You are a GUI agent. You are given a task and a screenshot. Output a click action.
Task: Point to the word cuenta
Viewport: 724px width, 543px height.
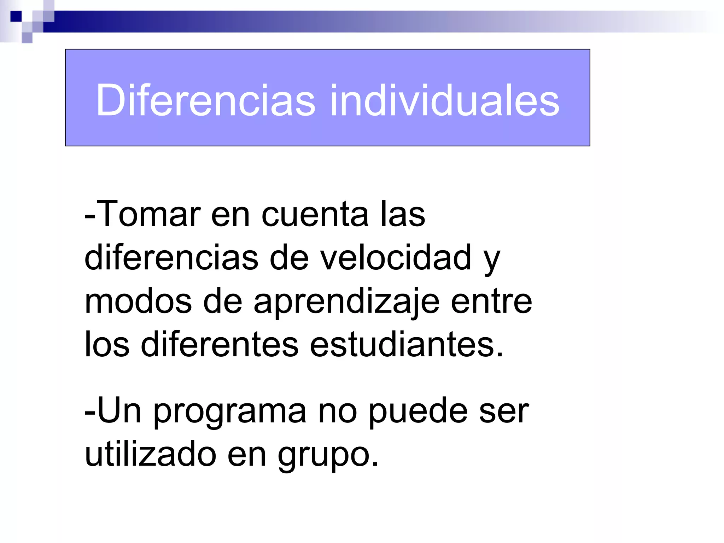tap(315, 215)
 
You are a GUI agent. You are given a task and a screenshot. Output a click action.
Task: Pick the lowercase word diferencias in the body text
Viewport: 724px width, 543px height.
tap(171, 258)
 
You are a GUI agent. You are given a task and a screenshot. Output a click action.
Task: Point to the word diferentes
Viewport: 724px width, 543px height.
tap(220, 345)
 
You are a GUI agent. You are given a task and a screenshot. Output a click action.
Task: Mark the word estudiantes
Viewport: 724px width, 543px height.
tap(407, 345)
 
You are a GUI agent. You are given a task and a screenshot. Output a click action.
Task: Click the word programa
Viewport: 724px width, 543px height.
tap(230, 412)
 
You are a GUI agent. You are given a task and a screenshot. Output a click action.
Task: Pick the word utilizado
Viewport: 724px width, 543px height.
tap(151, 454)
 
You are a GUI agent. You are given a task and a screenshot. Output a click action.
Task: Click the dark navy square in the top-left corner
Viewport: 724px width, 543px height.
tap(16, 16)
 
